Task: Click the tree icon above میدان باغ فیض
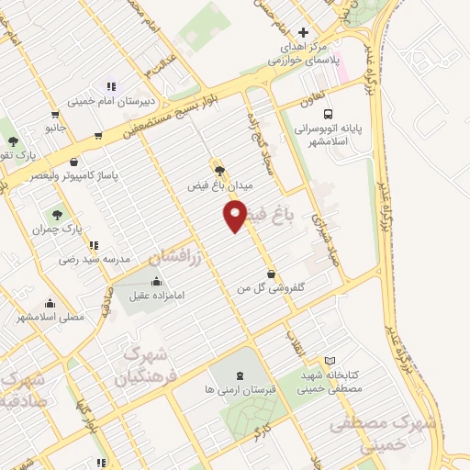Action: [x=218, y=169]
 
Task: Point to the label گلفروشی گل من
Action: [x=272, y=288]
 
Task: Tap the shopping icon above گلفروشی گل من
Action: [x=272, y=273]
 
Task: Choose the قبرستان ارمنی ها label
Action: [x=241, y=389]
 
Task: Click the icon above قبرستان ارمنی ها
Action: [x=241, y=374]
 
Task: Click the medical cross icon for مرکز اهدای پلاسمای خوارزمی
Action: [x=304, y=32]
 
